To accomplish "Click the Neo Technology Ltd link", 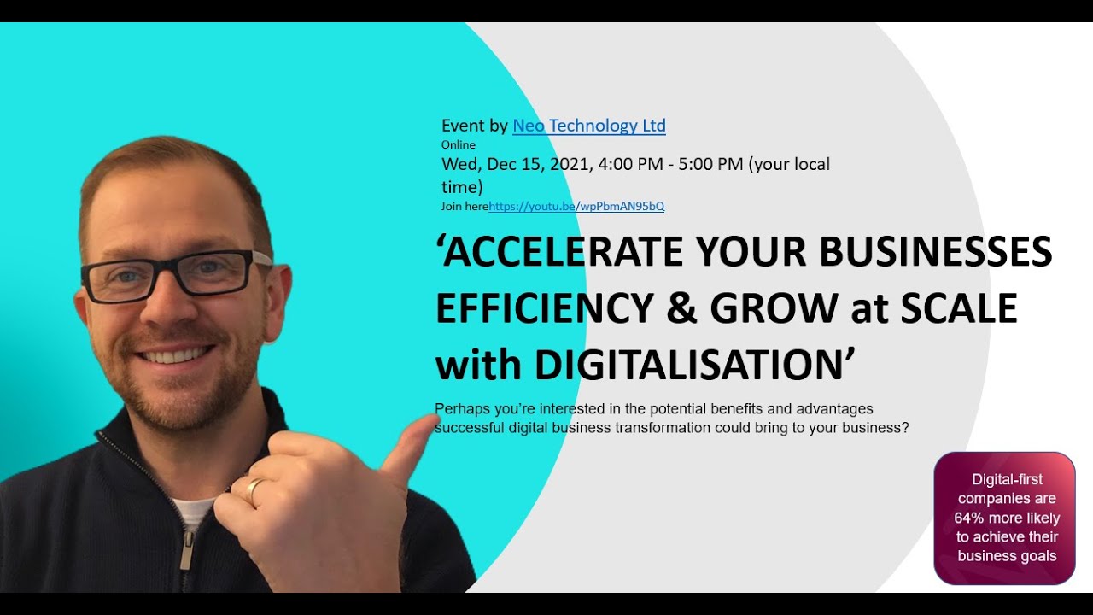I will [588, 126].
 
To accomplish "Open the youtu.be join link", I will [576, 207].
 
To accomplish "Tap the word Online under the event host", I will [459, 145].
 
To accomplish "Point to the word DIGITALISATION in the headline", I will [689, 366].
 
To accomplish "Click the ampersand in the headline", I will [681, 309].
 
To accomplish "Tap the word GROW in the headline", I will [774, 309].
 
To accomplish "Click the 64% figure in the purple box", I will [969, 518].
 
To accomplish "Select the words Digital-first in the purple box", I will [1008, 479].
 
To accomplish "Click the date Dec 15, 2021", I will [539, 164].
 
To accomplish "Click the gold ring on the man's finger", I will [255, 492].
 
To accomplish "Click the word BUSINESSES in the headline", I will [936, 252].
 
